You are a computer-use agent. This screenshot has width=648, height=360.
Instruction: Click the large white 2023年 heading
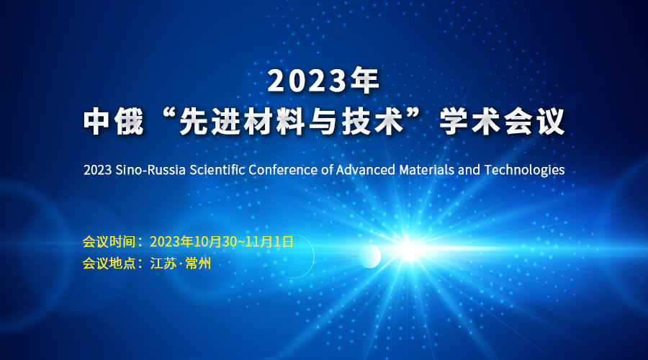(x=323, y=81)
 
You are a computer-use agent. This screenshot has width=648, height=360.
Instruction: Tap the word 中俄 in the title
(x=114, y=122)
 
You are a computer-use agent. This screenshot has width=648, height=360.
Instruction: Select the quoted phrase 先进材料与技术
(x=292, y=122)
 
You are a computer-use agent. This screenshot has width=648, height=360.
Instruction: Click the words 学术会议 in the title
(x=502, y=122)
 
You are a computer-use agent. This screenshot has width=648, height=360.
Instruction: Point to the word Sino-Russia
(x=150, y=170)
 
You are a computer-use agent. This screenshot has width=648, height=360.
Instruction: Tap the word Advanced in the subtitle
(x=365, y=170)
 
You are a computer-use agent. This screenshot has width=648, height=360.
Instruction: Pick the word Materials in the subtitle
(x=426, y=170)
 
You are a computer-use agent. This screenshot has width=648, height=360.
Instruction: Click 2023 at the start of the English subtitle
(x=97, y=170)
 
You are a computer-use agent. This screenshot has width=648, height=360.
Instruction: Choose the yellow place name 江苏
(x=163, y=264)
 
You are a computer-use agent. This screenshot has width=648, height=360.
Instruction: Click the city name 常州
(x=198, y=264)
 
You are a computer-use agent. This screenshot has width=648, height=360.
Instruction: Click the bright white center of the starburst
(x=409, y=250)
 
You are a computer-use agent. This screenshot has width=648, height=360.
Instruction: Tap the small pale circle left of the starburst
(x=370, y=256)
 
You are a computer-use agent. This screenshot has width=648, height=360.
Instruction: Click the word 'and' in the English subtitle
(x=469, y=170)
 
